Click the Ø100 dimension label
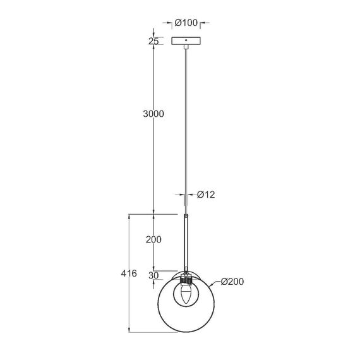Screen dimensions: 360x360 click(x=186, y=23)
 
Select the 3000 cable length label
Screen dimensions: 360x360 click(x=153, y=114)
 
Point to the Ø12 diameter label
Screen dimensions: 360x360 click(x=206, y=195)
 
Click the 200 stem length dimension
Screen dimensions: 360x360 click(x=153, y=240)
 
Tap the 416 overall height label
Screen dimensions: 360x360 click(x=128, y=273)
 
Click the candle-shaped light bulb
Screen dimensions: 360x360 click(x=186, y=295)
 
